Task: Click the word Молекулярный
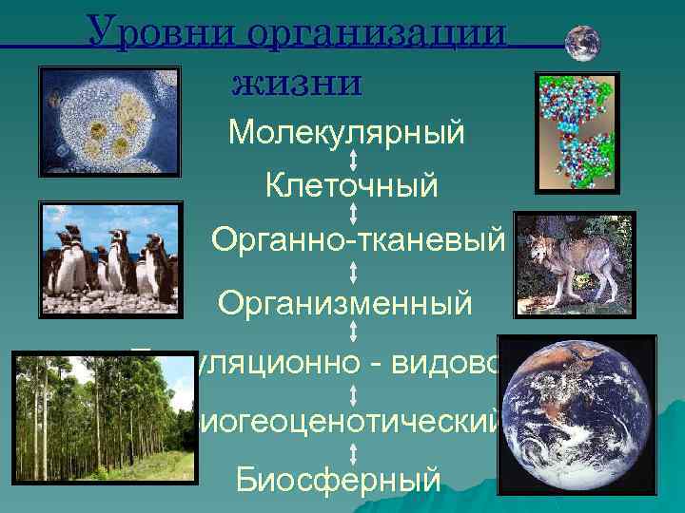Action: (346, 132)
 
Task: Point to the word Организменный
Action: (344, 304)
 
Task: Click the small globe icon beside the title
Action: (582, 44)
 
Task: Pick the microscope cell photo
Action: (109, 121)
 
